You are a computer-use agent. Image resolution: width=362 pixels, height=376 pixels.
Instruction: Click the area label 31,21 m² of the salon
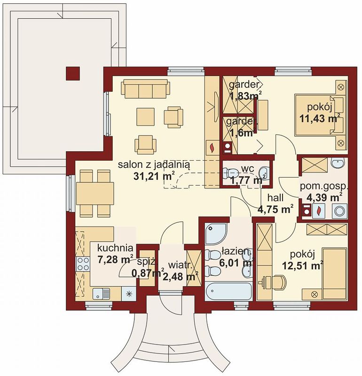coord(154,176)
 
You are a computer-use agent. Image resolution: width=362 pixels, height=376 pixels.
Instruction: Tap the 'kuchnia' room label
coord(115,248)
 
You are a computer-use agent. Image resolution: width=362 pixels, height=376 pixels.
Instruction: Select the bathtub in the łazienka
coord(228,291)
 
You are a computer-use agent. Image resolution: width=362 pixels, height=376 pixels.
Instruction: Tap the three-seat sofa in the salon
coord(146,88)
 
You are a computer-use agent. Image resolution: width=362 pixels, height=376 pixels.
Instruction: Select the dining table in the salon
coord(95,193)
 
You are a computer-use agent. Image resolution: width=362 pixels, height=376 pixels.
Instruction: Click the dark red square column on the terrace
coord(73,74)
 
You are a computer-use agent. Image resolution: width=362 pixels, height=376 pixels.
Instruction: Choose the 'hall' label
coord(275,198)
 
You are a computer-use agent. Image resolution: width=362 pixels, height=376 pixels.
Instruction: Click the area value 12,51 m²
coord(302,266)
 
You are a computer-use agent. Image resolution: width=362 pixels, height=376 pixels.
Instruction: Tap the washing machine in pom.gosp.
coord(340,211)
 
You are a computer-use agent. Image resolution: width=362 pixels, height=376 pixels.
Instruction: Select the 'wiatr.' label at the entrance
coord(180,266)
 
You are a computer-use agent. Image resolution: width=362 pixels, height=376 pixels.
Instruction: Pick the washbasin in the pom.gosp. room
coord(338,164)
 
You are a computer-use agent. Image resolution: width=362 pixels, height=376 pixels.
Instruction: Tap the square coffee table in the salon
coord(146,117)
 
